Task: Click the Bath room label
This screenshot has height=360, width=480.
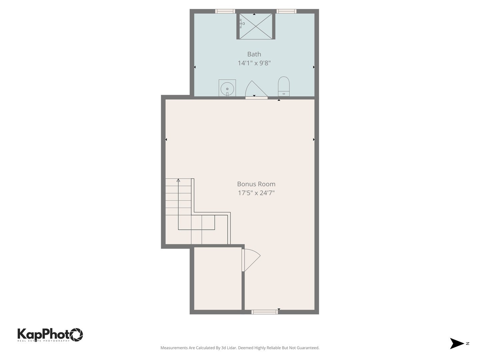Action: coord(254,54)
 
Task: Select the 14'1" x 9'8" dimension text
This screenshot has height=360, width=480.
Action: coord(254,63)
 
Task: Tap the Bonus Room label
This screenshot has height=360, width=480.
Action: coord(256,184)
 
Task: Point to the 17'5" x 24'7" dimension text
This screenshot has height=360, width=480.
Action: coord(256,193)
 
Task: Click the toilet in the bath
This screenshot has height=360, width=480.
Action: coord(284,86)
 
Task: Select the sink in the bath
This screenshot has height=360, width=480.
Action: coord(227,88)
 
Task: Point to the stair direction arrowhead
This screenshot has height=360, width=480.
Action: coord(178,180)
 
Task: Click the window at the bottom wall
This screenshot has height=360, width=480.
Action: coord(264,312)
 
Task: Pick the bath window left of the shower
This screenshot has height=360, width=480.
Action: coord(225,11)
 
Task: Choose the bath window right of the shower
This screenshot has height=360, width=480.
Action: coord(286,11)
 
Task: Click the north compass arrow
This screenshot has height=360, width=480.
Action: coord(457,343)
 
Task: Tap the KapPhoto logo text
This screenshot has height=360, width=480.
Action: coord(43,334)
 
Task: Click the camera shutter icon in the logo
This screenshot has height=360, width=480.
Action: coord(76,334)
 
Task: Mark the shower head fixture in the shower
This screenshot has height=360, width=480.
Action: coord(241,23)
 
